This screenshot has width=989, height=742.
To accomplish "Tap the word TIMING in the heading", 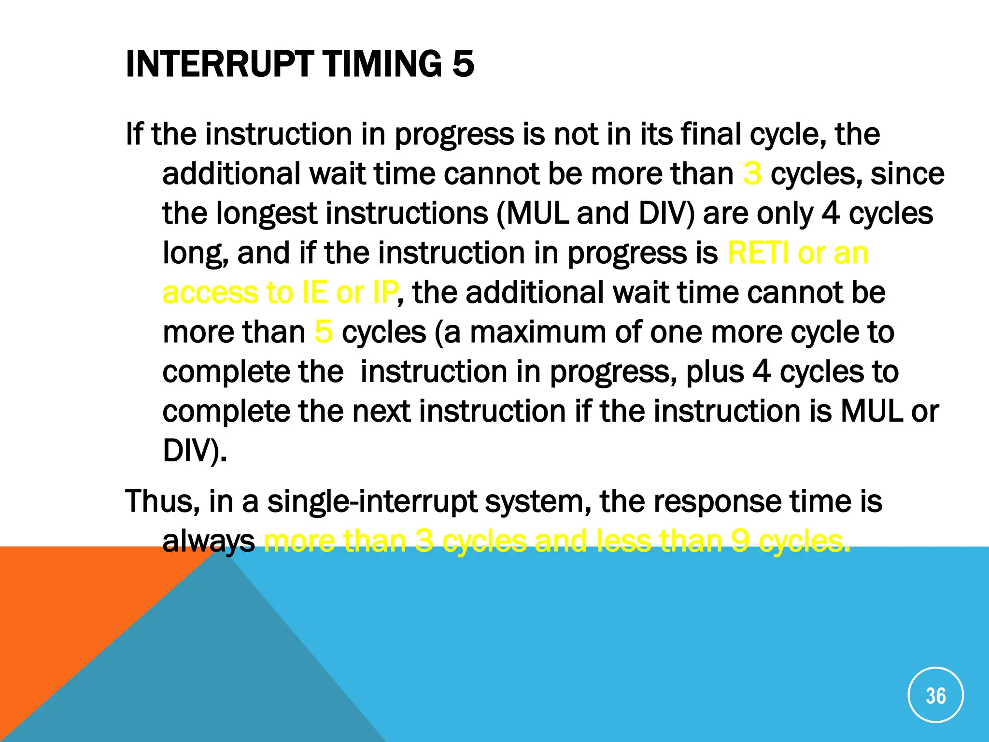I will (x=382, y=64).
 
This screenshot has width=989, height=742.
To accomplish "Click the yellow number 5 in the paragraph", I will (x=323, y=332).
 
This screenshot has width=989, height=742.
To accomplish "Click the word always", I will (x=208, y=542).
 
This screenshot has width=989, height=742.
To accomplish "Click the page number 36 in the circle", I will (x=935, y=696).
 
